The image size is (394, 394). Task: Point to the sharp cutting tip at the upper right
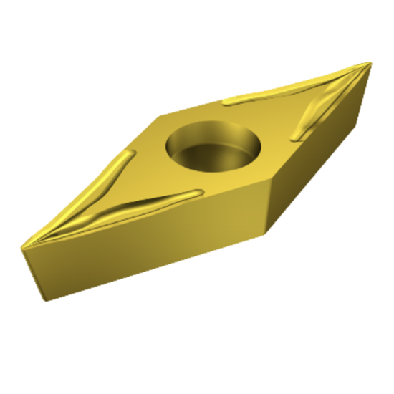(370, 63)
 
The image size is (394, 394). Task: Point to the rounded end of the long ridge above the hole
(227, 100)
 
